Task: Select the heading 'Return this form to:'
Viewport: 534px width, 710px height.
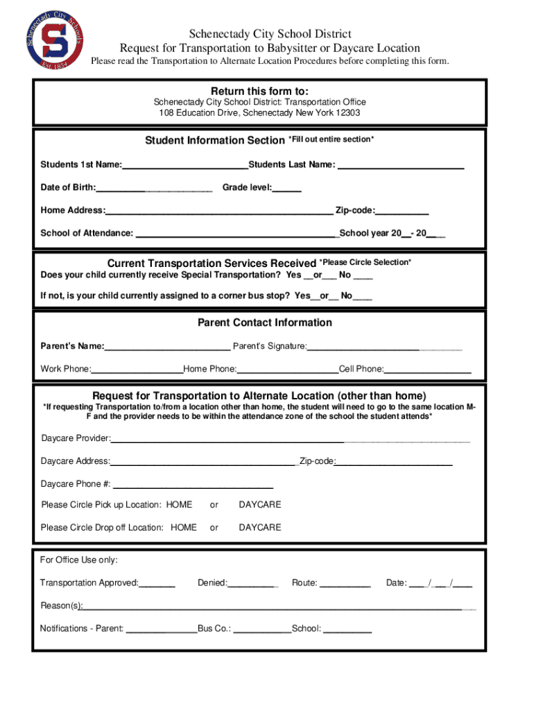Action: click(259, 92)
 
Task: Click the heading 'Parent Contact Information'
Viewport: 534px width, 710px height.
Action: click(264, 322)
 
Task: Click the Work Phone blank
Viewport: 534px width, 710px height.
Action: click(137, 368)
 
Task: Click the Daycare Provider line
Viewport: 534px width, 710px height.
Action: click(290, 438)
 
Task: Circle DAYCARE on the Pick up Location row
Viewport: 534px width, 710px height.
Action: click(260, 505)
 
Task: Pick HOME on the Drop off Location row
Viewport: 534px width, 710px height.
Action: click(184, 528)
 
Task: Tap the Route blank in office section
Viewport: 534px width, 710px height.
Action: click(345, 582)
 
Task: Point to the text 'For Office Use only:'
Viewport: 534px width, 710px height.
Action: click(79, 560)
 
